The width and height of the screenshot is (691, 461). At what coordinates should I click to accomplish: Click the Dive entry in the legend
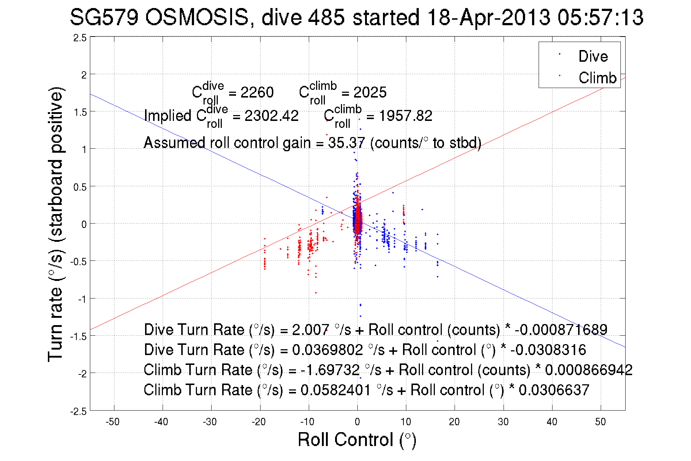(x=593, y=56)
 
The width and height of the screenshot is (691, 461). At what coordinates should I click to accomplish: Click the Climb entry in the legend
(x=597, y=78)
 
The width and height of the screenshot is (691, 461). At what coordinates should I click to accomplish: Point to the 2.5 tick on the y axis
(x=80, y=38)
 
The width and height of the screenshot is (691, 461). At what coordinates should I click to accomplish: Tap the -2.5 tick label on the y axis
(x=79, y=412)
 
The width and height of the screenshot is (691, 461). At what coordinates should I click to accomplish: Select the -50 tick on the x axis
(x=113, y=422)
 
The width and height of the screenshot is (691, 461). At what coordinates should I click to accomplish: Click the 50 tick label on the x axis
(x=600, y=422)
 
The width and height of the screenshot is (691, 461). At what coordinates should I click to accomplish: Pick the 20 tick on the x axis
(x=454, y=422)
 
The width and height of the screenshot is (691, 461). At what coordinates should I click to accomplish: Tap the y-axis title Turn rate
(x=56, y=224)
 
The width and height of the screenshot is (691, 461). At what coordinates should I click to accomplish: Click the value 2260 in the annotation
(x=257, y=92)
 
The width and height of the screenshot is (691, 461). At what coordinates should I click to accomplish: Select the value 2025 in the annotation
(x=370, y=92)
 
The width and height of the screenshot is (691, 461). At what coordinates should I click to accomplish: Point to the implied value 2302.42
(x=271, y=116)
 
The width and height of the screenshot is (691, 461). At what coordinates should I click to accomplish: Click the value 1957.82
(x=405, y=116)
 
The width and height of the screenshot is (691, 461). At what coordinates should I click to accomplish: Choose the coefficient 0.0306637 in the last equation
(x=554, y=390)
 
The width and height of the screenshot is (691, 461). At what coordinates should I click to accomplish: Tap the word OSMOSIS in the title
(x=197, y=18)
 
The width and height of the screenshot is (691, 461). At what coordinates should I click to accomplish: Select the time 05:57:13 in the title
(x=600, y=18)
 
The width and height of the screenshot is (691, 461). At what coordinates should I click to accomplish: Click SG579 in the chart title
(x=104, y=18)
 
